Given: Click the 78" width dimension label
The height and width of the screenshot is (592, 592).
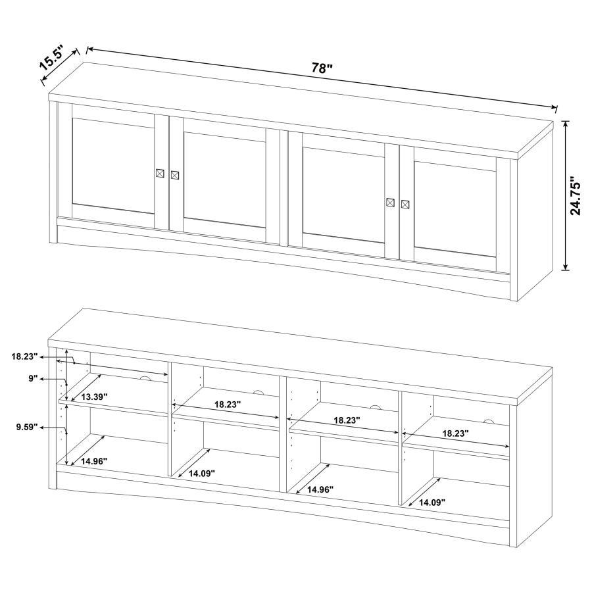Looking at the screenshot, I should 323,68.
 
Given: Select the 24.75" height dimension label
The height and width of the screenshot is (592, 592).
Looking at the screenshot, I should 576,195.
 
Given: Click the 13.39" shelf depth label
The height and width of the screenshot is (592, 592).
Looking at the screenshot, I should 95,397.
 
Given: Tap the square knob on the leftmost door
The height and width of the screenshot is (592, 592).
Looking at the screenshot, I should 160,173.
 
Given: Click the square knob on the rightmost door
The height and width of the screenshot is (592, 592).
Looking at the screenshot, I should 405,204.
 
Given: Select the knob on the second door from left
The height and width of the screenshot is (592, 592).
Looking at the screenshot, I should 175,175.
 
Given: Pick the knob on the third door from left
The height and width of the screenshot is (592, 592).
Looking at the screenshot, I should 391,202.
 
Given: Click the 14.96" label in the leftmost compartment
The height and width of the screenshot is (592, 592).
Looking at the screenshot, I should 94,462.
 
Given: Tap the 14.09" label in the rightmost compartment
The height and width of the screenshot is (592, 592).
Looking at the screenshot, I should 432,503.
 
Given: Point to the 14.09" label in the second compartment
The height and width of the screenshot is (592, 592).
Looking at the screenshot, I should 202,473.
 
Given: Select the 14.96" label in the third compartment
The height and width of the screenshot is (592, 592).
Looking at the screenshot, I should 320,489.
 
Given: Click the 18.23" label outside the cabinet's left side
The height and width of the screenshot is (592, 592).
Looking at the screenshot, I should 24,357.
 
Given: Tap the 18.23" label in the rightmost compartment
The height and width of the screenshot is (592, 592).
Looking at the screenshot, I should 455,434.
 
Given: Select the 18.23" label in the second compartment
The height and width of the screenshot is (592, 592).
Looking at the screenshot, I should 226,405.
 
